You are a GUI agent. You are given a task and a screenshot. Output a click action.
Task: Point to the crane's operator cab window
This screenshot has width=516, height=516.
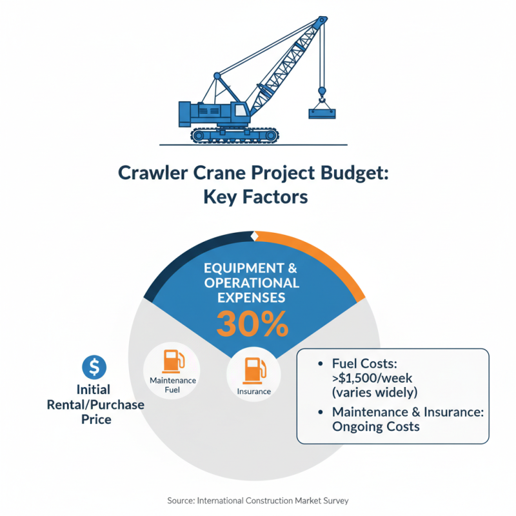point(241,110)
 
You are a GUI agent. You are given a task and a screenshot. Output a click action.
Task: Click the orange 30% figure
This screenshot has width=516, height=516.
point(252,324)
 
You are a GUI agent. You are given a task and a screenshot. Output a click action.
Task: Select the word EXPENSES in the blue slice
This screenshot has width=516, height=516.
point(252,297)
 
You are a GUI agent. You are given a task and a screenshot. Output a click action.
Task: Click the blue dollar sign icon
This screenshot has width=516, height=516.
point(95,367)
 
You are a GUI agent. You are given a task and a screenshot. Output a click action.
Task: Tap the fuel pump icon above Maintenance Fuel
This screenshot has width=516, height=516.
point(172,361)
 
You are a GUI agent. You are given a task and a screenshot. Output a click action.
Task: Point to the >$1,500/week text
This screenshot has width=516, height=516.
point(375,379)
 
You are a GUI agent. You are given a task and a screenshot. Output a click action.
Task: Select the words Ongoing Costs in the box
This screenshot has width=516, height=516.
point(375,426)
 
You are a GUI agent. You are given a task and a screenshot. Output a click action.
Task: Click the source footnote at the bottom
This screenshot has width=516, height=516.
point(258,500)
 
